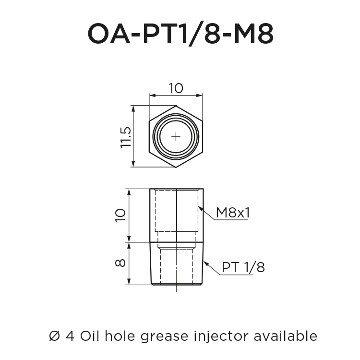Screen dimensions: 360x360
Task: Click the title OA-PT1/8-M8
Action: pyautogui.click(x=180, y=34)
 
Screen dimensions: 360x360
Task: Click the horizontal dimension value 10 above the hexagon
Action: pyautogui.click(x=176, y=88)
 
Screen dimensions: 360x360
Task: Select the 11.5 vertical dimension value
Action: pyautogui.click(x=126, y=137)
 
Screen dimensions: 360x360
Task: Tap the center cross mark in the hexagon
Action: pyautogui.click(x=176, y=137)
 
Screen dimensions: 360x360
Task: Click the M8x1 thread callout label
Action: pyautogui.click(x=233, y=213)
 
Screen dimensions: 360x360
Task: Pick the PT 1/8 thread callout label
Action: pyautogui.click(x=243, y=267)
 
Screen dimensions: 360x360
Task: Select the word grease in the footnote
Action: pyautogui.click(x=164, y=336)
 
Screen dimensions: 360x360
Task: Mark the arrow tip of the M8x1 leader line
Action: pyautogui.click(x=199, y=207)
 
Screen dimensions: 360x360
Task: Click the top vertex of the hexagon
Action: pyautogui.click(x=176, y=106)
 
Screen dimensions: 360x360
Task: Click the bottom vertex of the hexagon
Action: pyautogui.click(x=176, y=168)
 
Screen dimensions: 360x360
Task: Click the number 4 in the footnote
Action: pyautogui.click(x=69, y=336)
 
